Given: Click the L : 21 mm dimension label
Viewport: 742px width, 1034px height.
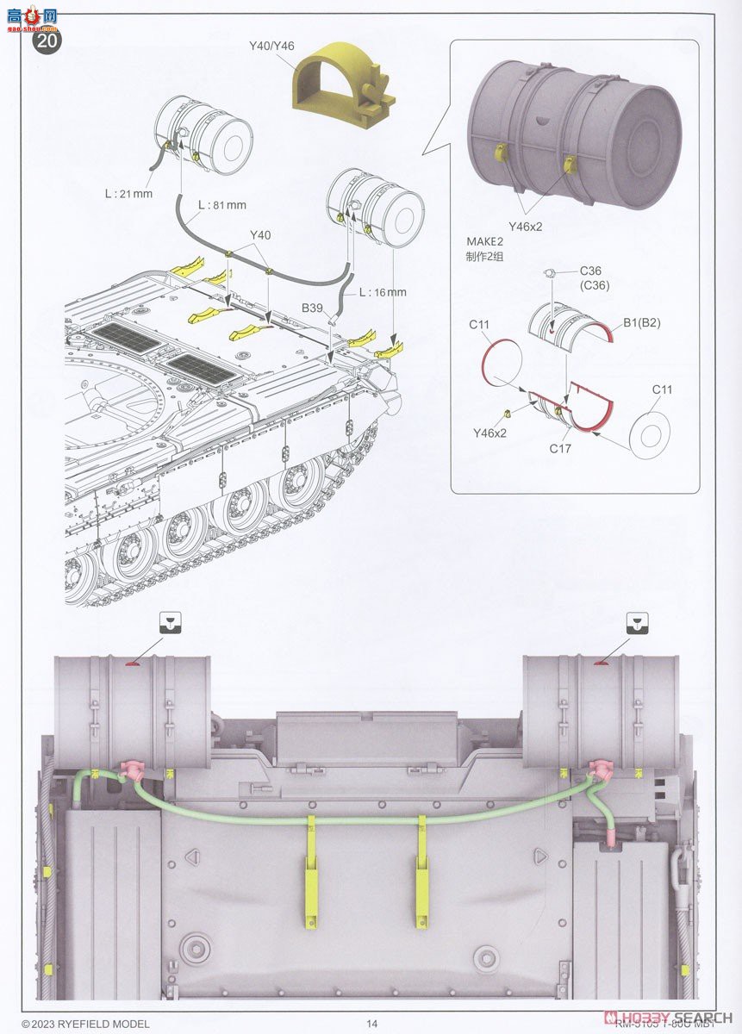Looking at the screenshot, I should (128, 194).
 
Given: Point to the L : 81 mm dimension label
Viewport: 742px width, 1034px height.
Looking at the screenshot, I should (221, 205).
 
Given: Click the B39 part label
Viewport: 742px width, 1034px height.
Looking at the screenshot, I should (313, 307).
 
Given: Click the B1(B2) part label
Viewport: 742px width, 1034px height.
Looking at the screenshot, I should (643, 324).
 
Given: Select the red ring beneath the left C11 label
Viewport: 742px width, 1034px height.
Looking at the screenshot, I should (502, 362).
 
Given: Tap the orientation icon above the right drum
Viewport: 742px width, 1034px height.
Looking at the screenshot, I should (637, 622).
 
